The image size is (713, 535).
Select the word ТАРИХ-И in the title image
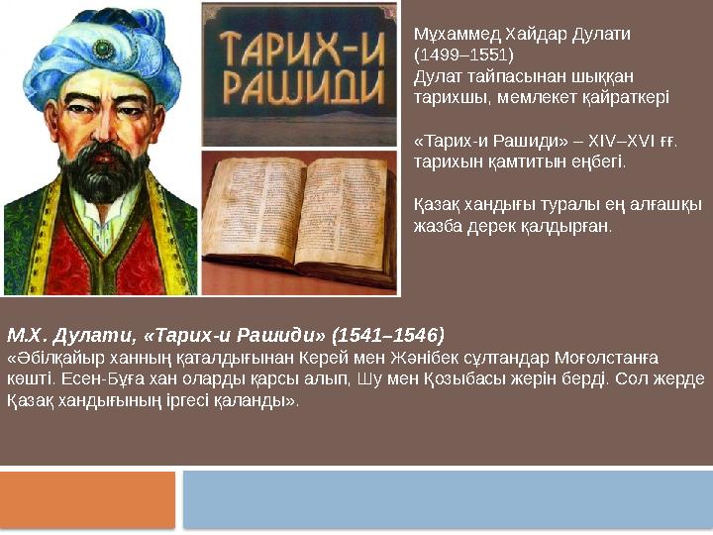click(297, 46)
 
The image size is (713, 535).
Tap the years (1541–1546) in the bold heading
click(389, 333)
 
